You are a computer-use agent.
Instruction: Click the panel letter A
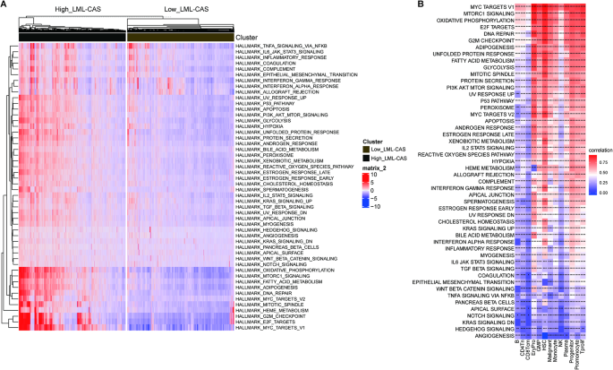5,5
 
